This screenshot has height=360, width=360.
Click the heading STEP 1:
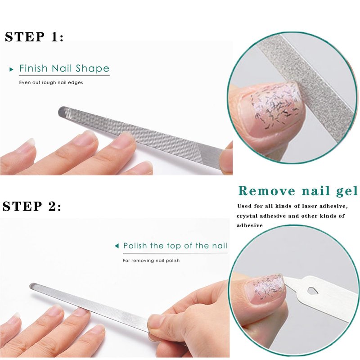pyautogui.click(x=34, y=37)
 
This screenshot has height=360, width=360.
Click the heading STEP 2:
pyautogui.click(x=32, y=206)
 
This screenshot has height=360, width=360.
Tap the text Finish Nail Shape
pyautogui.click(x=64, y=68)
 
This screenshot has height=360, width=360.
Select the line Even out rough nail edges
pyautogui.click(x=51, y=82)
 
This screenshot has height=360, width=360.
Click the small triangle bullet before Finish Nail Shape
pyautogui.click(x=12, y=69)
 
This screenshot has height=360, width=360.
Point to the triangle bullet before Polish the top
pyautogui.click(x=117, y=246)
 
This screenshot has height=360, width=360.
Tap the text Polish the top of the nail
pyautogui.click(x=175, y=246)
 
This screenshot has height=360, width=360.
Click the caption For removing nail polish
pyautogui.click(x=151, y=261)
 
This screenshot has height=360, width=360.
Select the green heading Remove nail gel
pyautogui.click(x=298, y=191)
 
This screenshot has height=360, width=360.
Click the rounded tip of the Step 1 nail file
pyautogui.click(x=61, y=111)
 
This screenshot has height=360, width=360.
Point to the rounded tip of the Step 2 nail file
pyautogui.click(x=32, y=286)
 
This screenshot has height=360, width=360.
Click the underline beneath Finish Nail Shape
pyautogui.click(x=64, y=75)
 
